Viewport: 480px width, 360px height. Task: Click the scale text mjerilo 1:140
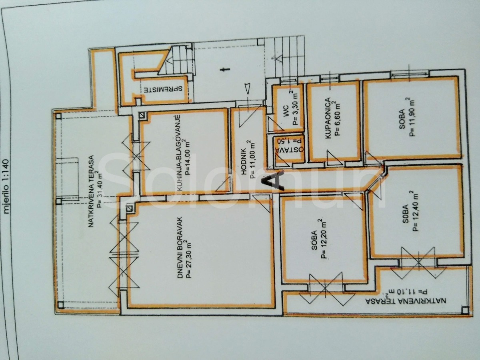coord(7,186)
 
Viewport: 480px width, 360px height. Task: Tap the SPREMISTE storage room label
coord(163,89)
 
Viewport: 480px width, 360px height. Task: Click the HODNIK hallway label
coord(244,162)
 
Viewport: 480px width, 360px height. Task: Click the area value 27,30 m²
coord(188,258)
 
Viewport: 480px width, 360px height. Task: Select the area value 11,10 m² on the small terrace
coord(404,292)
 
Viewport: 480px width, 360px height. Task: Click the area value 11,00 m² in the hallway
coord(251,159)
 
